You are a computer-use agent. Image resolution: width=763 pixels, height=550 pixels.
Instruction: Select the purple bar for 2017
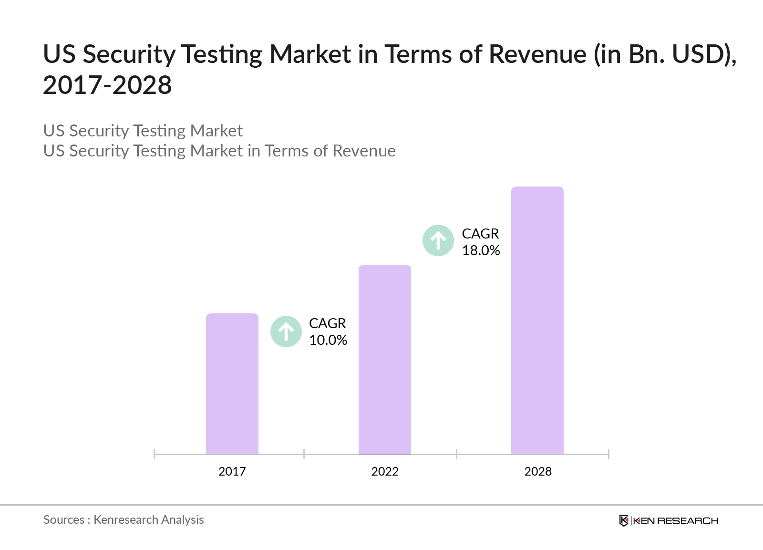[x=232, y=384]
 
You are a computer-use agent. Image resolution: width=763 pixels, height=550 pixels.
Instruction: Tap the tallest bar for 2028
[x=537, y=320]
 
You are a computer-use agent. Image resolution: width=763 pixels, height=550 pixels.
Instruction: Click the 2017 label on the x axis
[x=232, y=471]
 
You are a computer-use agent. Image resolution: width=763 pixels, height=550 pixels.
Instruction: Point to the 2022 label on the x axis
[x=385, y=471]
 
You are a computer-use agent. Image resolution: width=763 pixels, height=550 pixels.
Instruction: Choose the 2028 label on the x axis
[x=538, y=471]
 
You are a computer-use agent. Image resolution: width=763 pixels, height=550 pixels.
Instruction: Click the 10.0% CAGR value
[x=328, y=340]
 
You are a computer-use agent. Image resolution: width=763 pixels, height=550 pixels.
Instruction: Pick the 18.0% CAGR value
[x=481, y=250]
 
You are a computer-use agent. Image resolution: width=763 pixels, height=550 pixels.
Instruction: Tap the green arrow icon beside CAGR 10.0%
[x=286, y=332]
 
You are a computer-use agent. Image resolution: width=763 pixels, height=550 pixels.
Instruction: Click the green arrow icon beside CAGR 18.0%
[x=438, y=240]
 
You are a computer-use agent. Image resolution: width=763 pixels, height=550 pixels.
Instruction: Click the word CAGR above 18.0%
[x=480, y=234]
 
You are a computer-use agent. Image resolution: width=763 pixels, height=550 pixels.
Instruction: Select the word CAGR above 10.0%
[x=327, y=323]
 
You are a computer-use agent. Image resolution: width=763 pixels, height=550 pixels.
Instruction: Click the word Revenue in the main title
[x=537, y=54]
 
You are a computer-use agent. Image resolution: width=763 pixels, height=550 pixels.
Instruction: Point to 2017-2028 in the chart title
[x=107, y=85]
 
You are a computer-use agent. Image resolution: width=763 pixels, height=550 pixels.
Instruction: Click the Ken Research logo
[x=669, y=520]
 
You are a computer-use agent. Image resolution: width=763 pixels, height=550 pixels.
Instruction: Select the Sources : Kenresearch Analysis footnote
[x=124, y=519]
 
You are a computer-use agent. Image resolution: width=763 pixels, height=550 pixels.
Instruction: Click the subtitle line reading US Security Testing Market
[x=143, y=131]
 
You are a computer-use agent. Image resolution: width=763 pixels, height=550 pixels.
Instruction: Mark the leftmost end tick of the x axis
[x=155, y=454]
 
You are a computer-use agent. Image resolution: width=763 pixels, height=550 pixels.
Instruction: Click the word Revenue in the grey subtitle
[x=364, y=151]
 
